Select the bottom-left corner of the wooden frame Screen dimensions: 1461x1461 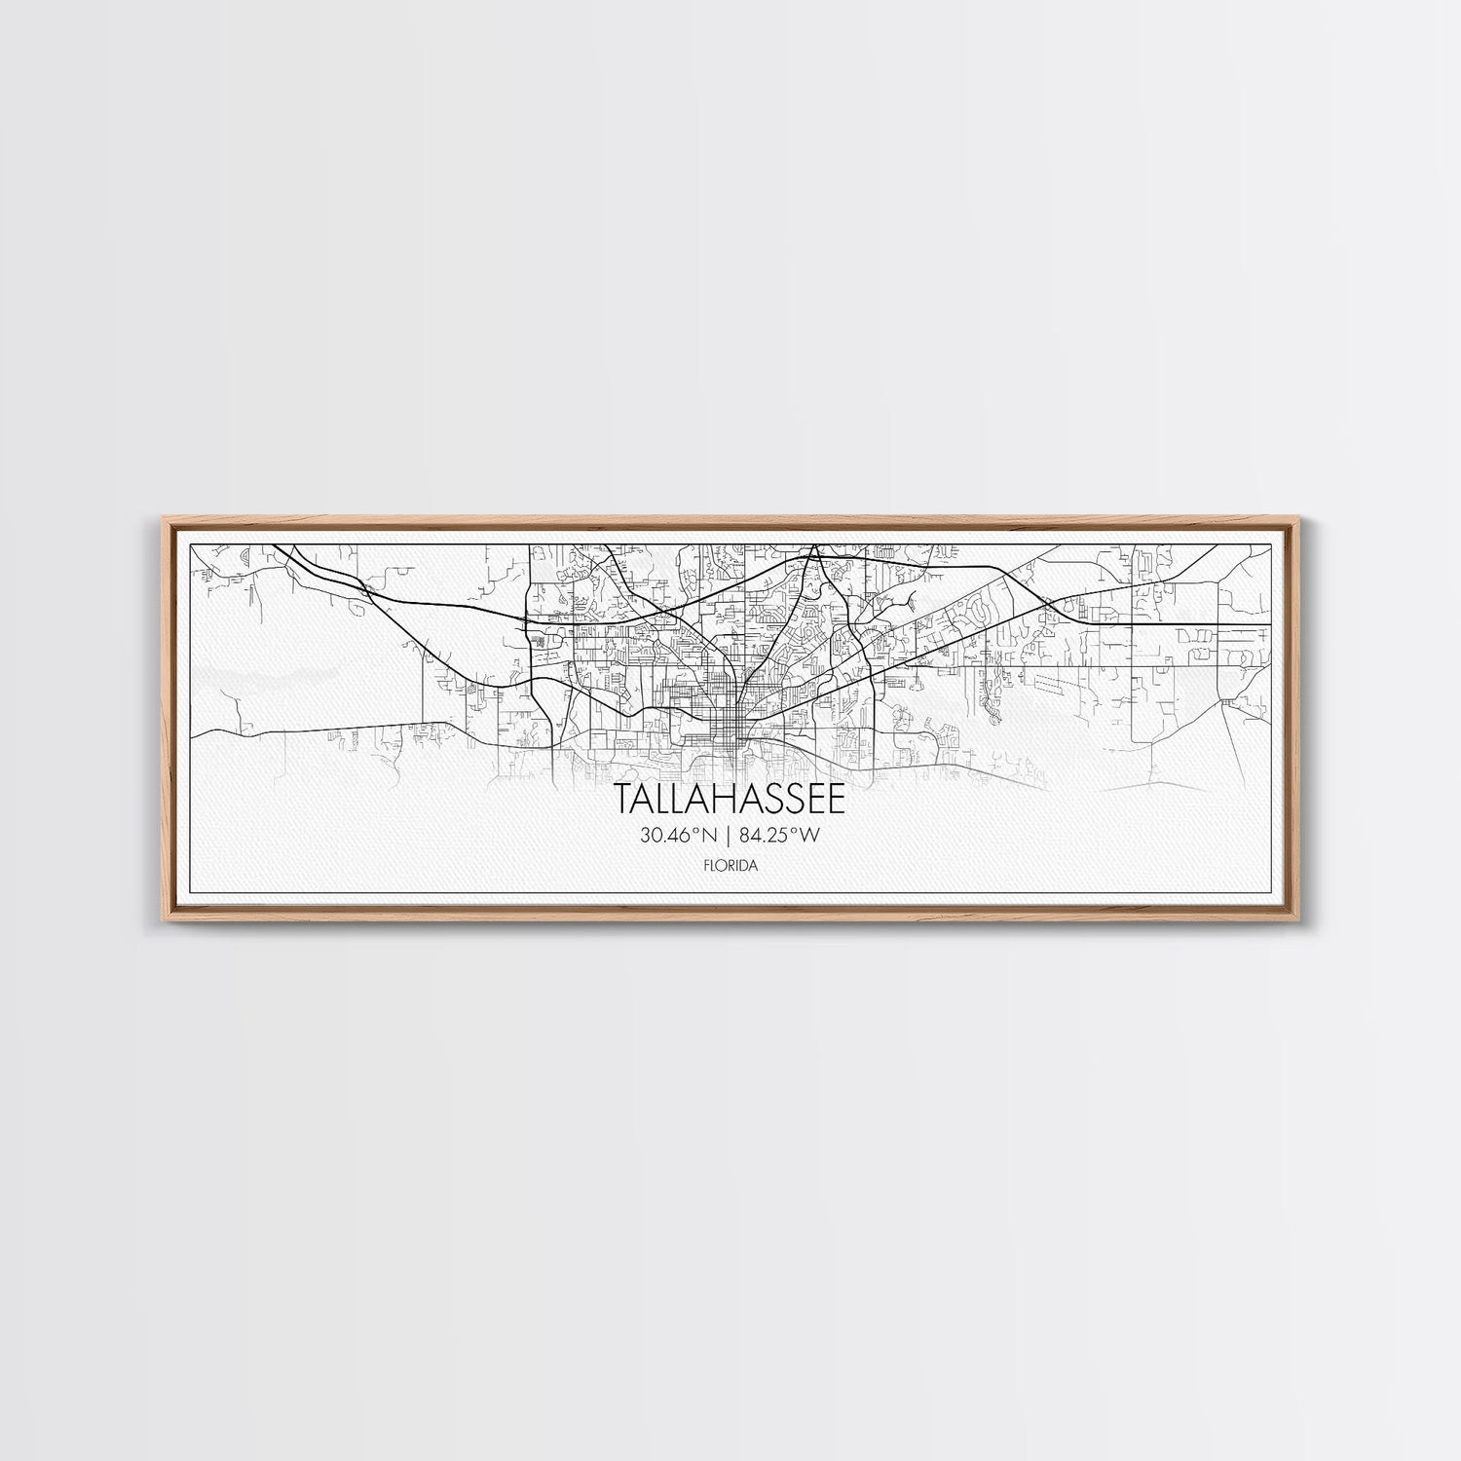coord(159,920)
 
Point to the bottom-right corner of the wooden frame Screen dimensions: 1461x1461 coord(1303,920)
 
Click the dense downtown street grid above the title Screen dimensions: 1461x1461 coord(726,721)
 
